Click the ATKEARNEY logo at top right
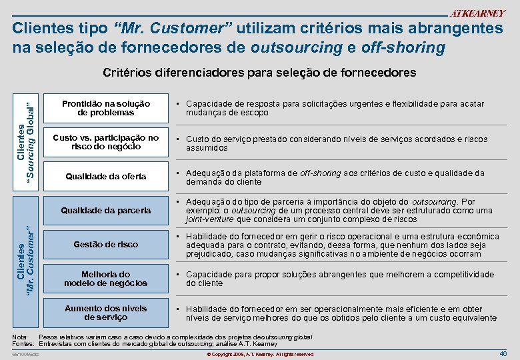[x=478, y=13]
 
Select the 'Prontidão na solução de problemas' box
[x=106, y=108]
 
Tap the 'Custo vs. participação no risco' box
[x=106, y=142]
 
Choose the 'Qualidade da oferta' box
[x=106, y=177]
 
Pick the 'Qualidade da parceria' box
[x=106, y=210]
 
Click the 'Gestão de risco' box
[x=106, y=244]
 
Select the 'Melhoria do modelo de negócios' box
[x=106, y=279]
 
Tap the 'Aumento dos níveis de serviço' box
[x=106, y=313]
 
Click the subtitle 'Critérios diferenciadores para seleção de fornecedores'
[x=259, y=72]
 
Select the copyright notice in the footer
[x=259, y=354]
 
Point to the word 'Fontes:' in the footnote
[x=24, y=344]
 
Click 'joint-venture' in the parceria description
[x=210, y=219]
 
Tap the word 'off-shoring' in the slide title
[x=403, y=48]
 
